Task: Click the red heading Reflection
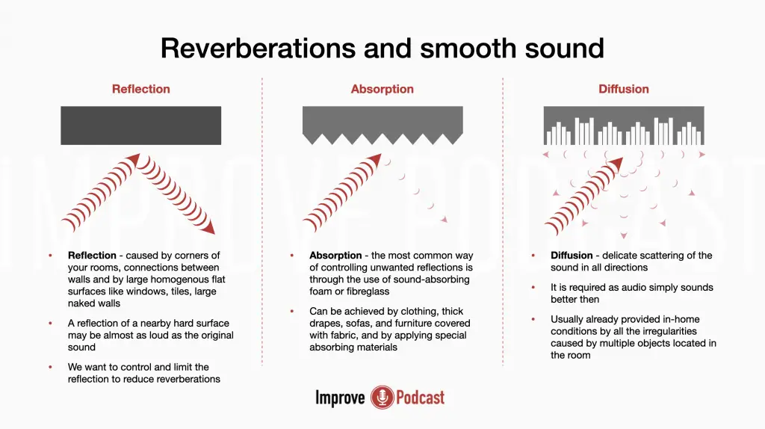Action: pyautogui.click(x=141, y=89)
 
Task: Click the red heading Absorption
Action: pyautogui.click(x=382, y=89)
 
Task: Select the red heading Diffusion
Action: pyautogui.click(x=624, y=89)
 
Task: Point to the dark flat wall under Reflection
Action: pyautogui.click(x=141, y=126)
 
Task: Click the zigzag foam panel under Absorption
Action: pyautogui.click(x=382, y=125)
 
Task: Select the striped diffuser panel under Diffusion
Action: pyautogui.click(x=624, y=126)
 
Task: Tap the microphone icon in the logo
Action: pyautogui.click(x=382, y=398)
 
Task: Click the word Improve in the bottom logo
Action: pyautogui.click(x=340, y=398)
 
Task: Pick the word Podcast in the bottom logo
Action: pyautogui.click(x=420, y=398)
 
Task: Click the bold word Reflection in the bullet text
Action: pyautogui.click(x=92, y=256)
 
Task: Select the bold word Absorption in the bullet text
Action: pyautogui.click(x=335, y=256)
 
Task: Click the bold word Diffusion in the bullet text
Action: pyautogui.click(x=572, y=256)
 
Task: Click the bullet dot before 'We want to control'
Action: pyautogui.click(x=50, y=367)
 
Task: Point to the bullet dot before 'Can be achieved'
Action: pyautogui.click(x=292, y=312)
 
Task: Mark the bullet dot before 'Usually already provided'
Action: pyautogui.click(x=533, y=319)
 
